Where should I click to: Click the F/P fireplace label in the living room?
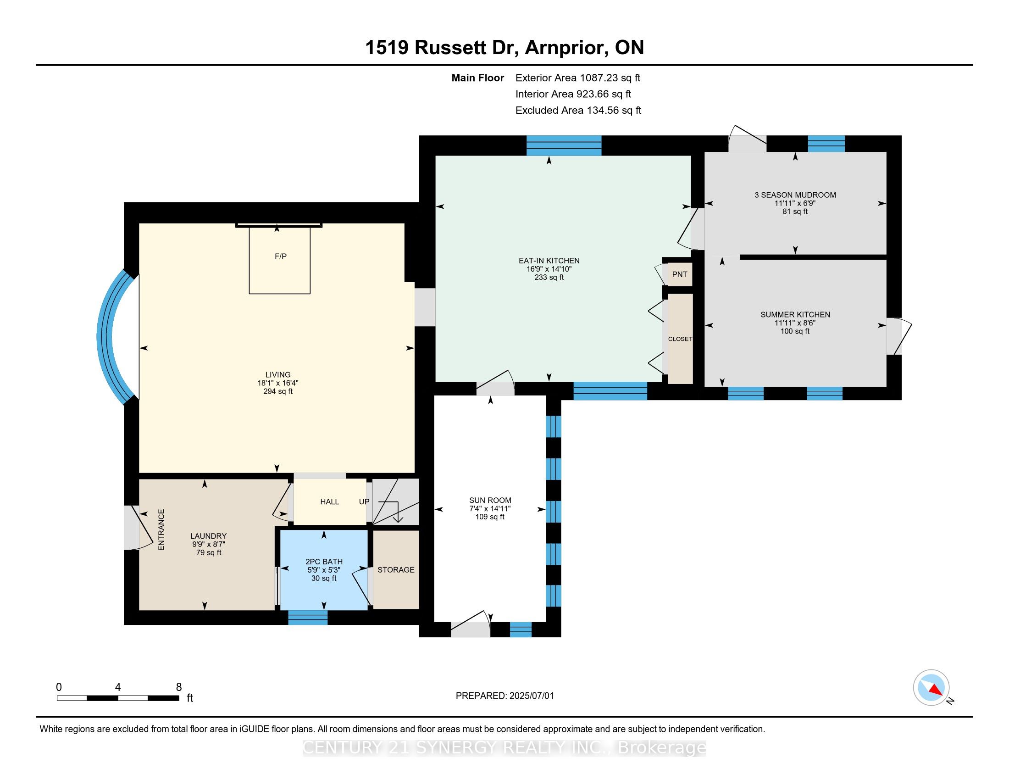coord(280,256)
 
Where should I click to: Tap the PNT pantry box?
coord(679,274)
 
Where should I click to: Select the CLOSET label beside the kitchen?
coord(680,339)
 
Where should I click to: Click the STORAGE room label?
coord(396,570)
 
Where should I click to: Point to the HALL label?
coord(329,502)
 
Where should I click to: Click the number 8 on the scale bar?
coord(179,687)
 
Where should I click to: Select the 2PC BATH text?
coord(324,562)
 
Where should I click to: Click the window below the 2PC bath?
coord(308,617)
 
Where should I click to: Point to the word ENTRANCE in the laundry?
coord(161,529)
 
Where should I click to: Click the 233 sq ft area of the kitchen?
coord(549,278)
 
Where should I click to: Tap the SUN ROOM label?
coord(490,500)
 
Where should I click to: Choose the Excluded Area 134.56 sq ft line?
coord(578,111)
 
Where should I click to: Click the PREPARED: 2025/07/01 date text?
coord(504,696)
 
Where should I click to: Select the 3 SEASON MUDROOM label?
coord(795,195)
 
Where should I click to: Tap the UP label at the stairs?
coord(364,502)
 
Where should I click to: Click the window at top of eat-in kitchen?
coord(564,145)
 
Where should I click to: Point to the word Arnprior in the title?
coord(566,48)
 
